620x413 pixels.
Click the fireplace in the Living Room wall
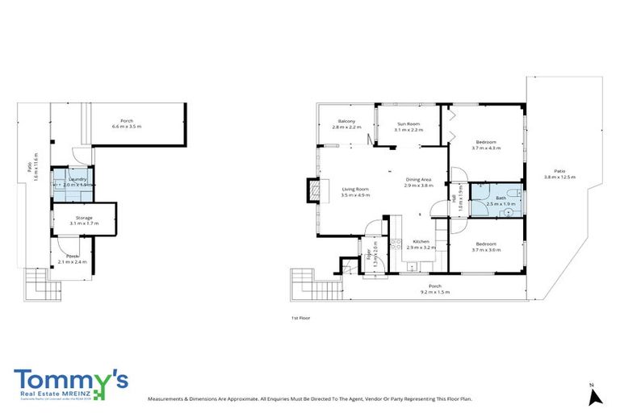coord(312,190)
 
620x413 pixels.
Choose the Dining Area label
coord(419,179)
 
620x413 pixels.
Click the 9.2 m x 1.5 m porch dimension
coord(434,292)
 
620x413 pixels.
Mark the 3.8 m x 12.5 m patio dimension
coord(559,177)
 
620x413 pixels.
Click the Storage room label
coord(84,217)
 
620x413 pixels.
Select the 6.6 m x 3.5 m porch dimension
coord(127,127)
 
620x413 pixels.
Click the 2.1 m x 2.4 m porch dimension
coord(73,262)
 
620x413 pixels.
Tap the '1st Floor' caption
coord(301,318)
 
